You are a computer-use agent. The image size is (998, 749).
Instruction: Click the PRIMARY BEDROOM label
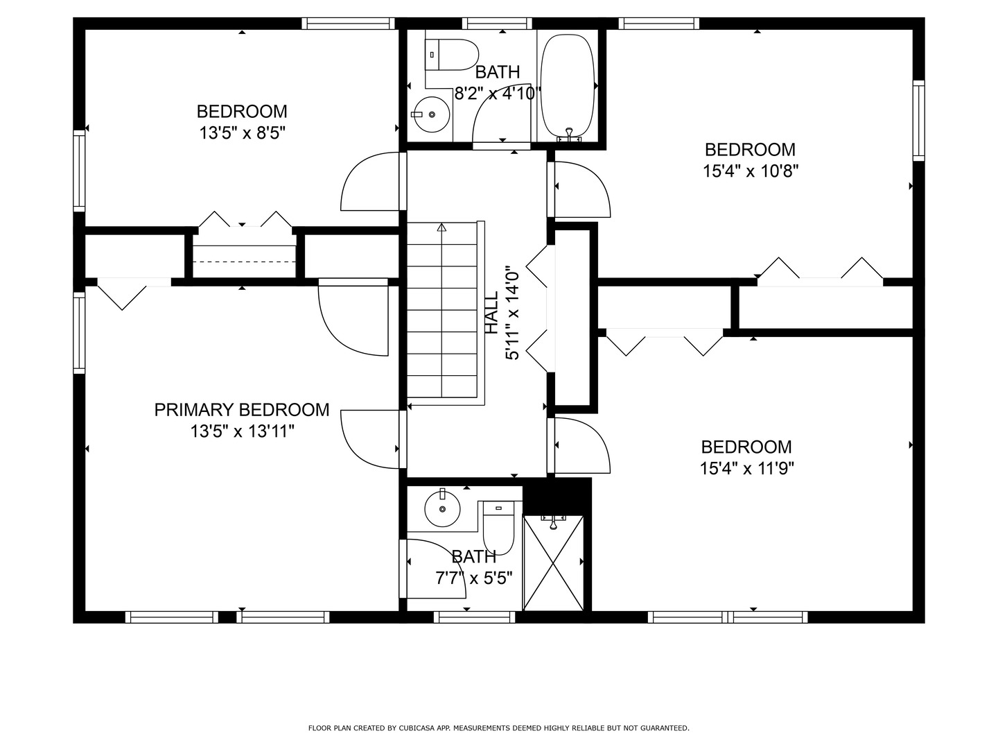241,410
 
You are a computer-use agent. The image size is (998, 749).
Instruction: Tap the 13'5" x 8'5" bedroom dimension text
243,133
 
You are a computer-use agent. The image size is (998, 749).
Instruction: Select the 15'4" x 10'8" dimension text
751,171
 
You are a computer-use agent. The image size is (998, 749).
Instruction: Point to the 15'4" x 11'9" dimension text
746,469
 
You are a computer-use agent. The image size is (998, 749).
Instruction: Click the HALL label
491,313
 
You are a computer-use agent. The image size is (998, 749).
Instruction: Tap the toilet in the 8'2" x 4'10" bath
454,55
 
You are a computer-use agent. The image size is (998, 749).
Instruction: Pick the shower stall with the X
553,563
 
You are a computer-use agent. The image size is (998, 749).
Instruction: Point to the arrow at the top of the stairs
441,227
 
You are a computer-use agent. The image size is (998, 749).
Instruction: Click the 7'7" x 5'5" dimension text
474,578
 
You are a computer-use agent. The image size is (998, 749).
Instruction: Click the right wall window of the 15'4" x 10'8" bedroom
918,121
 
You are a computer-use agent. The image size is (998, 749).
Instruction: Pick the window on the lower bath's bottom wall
475,617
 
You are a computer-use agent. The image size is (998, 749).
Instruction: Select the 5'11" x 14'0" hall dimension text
513,313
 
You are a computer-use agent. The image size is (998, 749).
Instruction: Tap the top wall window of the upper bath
499,24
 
